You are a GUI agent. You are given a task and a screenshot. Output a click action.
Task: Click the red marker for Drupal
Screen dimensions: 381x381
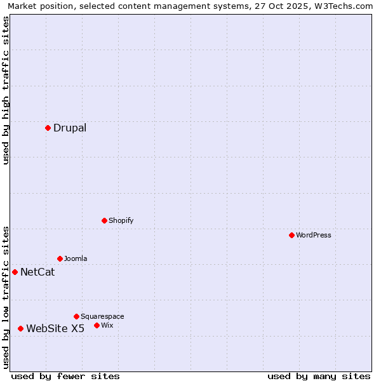[48, 128]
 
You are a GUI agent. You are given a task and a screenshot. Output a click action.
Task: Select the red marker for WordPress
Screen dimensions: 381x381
[291, 235]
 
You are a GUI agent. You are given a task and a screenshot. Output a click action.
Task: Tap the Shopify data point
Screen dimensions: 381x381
[104, 220]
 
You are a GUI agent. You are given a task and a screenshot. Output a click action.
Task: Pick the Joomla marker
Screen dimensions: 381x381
[60, 258]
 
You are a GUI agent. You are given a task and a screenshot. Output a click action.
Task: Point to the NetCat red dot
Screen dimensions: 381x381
[15, 272]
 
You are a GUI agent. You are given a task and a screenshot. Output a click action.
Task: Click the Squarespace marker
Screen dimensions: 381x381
[76, 316]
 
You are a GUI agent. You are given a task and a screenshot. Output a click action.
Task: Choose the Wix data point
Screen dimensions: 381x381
[97, 325]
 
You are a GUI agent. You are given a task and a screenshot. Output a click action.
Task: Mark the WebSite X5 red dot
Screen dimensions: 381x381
[20, 328]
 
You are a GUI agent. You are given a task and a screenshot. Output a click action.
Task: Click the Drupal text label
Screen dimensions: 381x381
[70, 128]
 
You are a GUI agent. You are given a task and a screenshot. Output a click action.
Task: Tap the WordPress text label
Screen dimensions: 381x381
[314, 235]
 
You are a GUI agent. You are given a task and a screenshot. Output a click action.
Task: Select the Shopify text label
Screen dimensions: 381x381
[121, 220]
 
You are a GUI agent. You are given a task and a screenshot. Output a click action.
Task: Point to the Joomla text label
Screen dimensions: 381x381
[76, 258]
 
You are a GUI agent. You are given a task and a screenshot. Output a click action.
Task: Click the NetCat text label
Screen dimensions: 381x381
[37, 272]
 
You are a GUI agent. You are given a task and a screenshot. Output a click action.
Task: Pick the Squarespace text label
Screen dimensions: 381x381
[102, 316]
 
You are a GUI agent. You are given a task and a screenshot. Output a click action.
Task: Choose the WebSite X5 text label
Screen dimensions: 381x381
[55, 328]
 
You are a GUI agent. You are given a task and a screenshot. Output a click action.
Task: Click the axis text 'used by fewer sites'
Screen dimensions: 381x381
[65, 376]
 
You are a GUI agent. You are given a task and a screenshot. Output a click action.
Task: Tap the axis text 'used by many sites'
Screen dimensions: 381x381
[319, 376]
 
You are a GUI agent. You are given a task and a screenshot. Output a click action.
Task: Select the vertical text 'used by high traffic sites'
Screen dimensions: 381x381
[6, 90]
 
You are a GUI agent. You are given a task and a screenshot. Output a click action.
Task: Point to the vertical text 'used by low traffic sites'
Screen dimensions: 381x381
[6, 297]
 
